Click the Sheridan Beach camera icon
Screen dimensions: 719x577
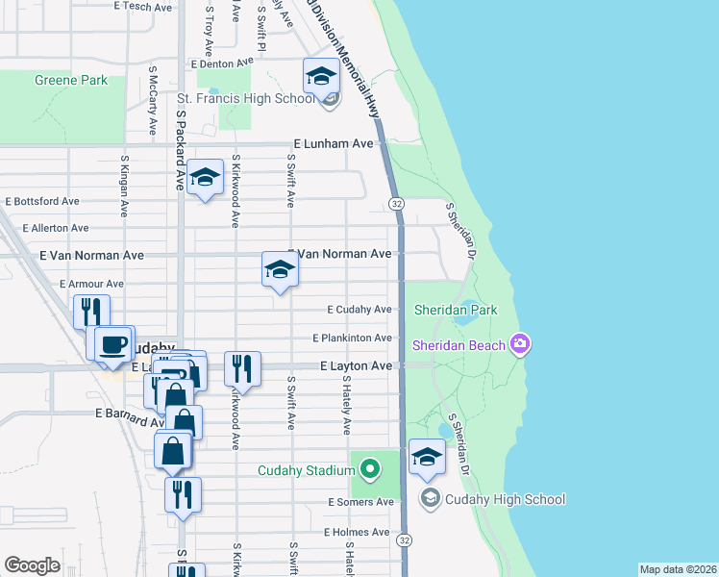tap(520, 343)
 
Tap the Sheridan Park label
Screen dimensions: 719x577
tap(456, 310)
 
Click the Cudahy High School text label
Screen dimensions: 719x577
tap(505, 499)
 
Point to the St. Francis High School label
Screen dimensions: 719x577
tap(245, 98)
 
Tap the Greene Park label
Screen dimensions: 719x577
tap(71, 81)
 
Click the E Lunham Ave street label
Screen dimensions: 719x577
tap(333, 143)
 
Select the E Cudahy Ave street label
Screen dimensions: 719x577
tap(359, 310)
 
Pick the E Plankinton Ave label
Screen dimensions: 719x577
tap(352, 338)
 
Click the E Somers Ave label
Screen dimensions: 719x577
tap(360, 502)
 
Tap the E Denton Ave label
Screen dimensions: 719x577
tap(220, 64)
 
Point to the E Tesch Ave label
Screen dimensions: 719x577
tap(142, 7)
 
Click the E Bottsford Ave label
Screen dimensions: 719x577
tap(42, 202)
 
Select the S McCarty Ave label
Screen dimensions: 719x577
tap(153, 100)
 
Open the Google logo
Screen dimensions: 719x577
tap(32, 565)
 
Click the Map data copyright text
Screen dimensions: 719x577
tap(678, 569)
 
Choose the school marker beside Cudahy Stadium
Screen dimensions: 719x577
tap(427, 458)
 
